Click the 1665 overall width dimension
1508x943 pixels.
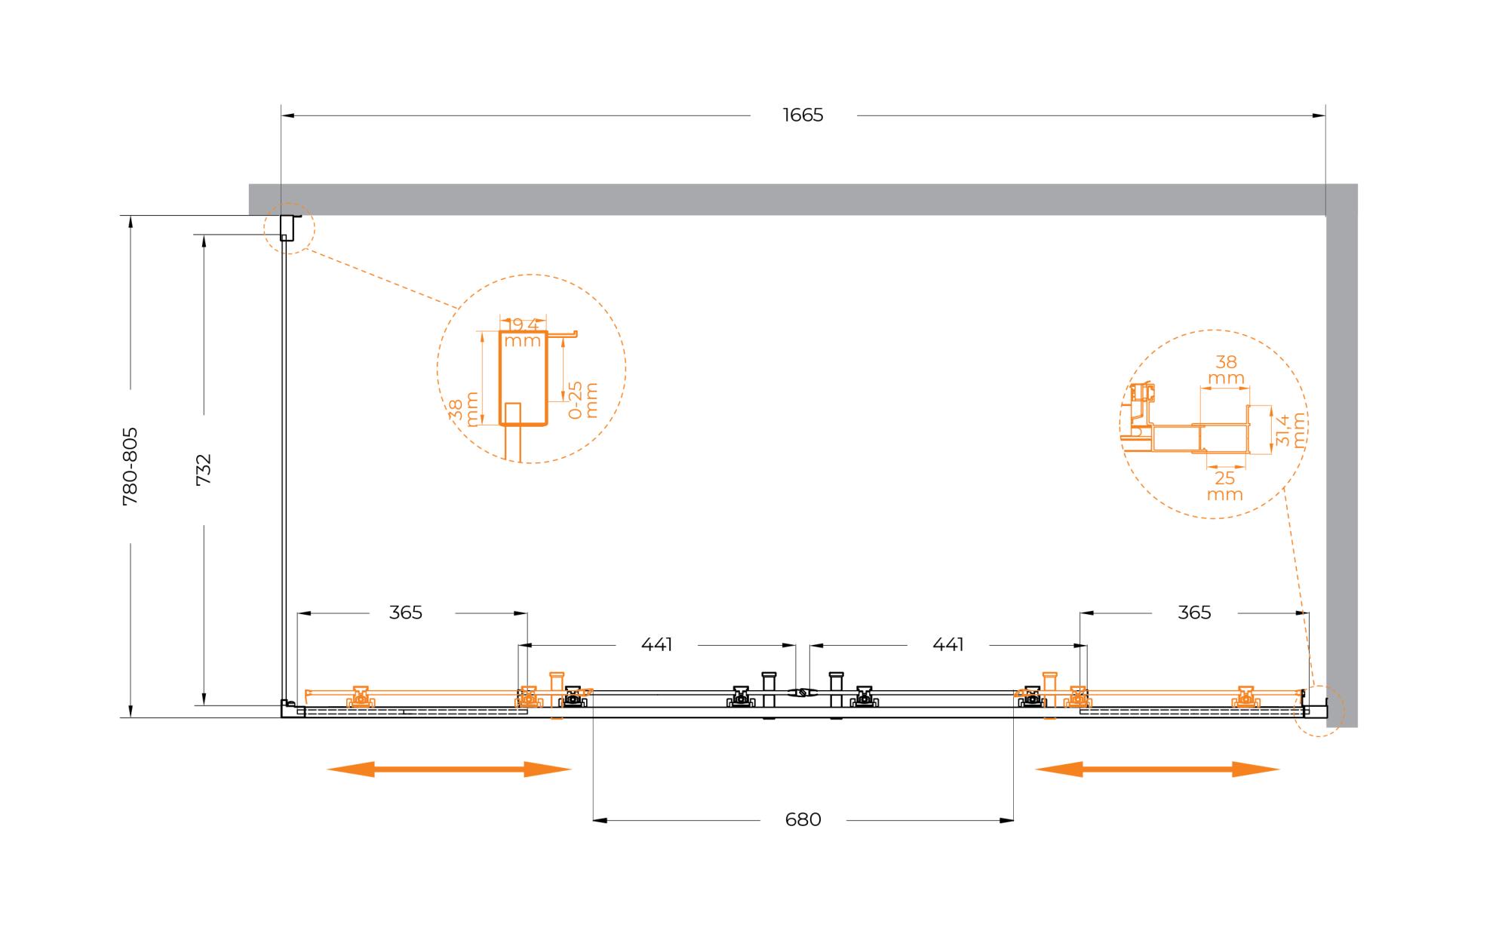pyautogui.click(x=803, y=115)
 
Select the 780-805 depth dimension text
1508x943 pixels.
pyautogui.click(x=131, y=466)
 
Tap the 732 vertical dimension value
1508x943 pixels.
pyautogui.click(x=204, y=469)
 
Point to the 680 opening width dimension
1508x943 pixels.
pyautogui.click(x=803, y=819)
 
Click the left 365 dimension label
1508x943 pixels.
pyautogui.click(x=406, y=613)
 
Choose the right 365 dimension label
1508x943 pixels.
pyautogui.click(x=1194, y=613)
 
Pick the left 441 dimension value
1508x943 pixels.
pyautogui.click(x=656, y=645)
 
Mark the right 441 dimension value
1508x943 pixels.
pyautogui.click(x=948, y=645)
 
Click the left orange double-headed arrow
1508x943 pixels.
pyautogui.click(x=449, y=769)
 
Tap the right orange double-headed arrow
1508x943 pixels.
pyautogui.click(x=1158, y=769)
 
